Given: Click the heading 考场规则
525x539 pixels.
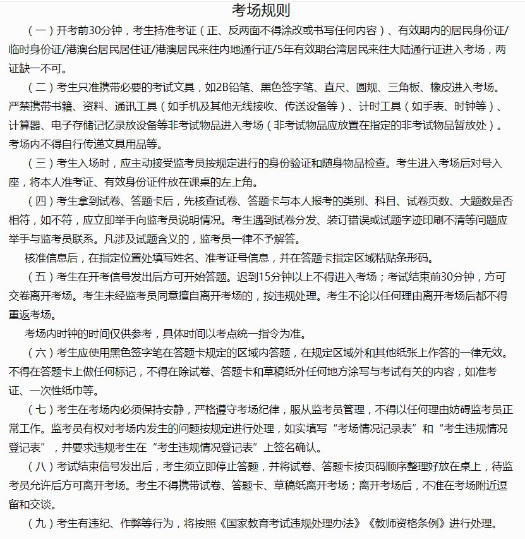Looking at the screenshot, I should coord(262,10).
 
